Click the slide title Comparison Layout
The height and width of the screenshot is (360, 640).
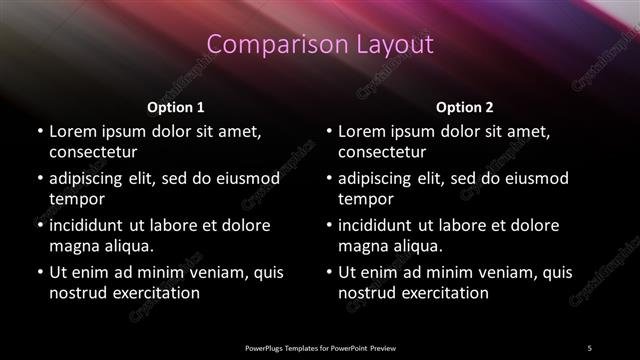(x=320, y=45)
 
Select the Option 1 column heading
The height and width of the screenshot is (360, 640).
(x=176, y=107)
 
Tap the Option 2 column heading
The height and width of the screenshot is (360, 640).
(x=465, y=107)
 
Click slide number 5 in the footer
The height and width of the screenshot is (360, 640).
(x=589, y=347)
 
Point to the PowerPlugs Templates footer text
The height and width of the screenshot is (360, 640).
(x=320, y=347)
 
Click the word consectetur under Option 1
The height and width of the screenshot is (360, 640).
(x=93, y=152)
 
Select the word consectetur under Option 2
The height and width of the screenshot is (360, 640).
(x=382, y=152)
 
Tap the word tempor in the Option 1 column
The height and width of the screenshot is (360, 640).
(x=75, y=199)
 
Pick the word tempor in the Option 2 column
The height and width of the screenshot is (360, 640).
(x=364, y=199)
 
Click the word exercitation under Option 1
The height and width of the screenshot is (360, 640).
(x=155, y=293)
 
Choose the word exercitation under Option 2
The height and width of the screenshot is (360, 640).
(x=444, y=293)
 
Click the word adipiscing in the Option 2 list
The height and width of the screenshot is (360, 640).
(x=377, y=178)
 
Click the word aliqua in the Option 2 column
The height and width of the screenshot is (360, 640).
(x=416, y=246)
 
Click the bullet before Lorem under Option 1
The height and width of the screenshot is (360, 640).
(x=38, y=132)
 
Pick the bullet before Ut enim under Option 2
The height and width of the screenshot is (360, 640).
(x=327, y=272)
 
